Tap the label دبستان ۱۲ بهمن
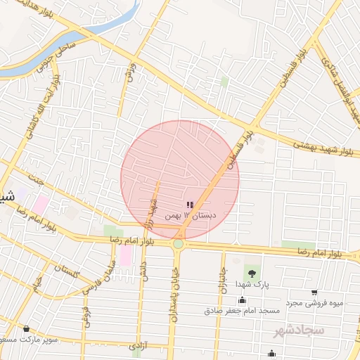(x=191, y=216)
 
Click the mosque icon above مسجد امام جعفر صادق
(x=242, y=300)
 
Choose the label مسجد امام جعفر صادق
(x=242, y=310)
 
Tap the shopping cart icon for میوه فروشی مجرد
(x=314, y=292)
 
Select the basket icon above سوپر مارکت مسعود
(x=27, y=329)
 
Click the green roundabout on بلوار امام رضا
(x=179, y=244)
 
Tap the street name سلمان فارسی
(x=98, y=278)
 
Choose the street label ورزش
(x=129, y=70)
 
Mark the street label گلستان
(x=67, y=269)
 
